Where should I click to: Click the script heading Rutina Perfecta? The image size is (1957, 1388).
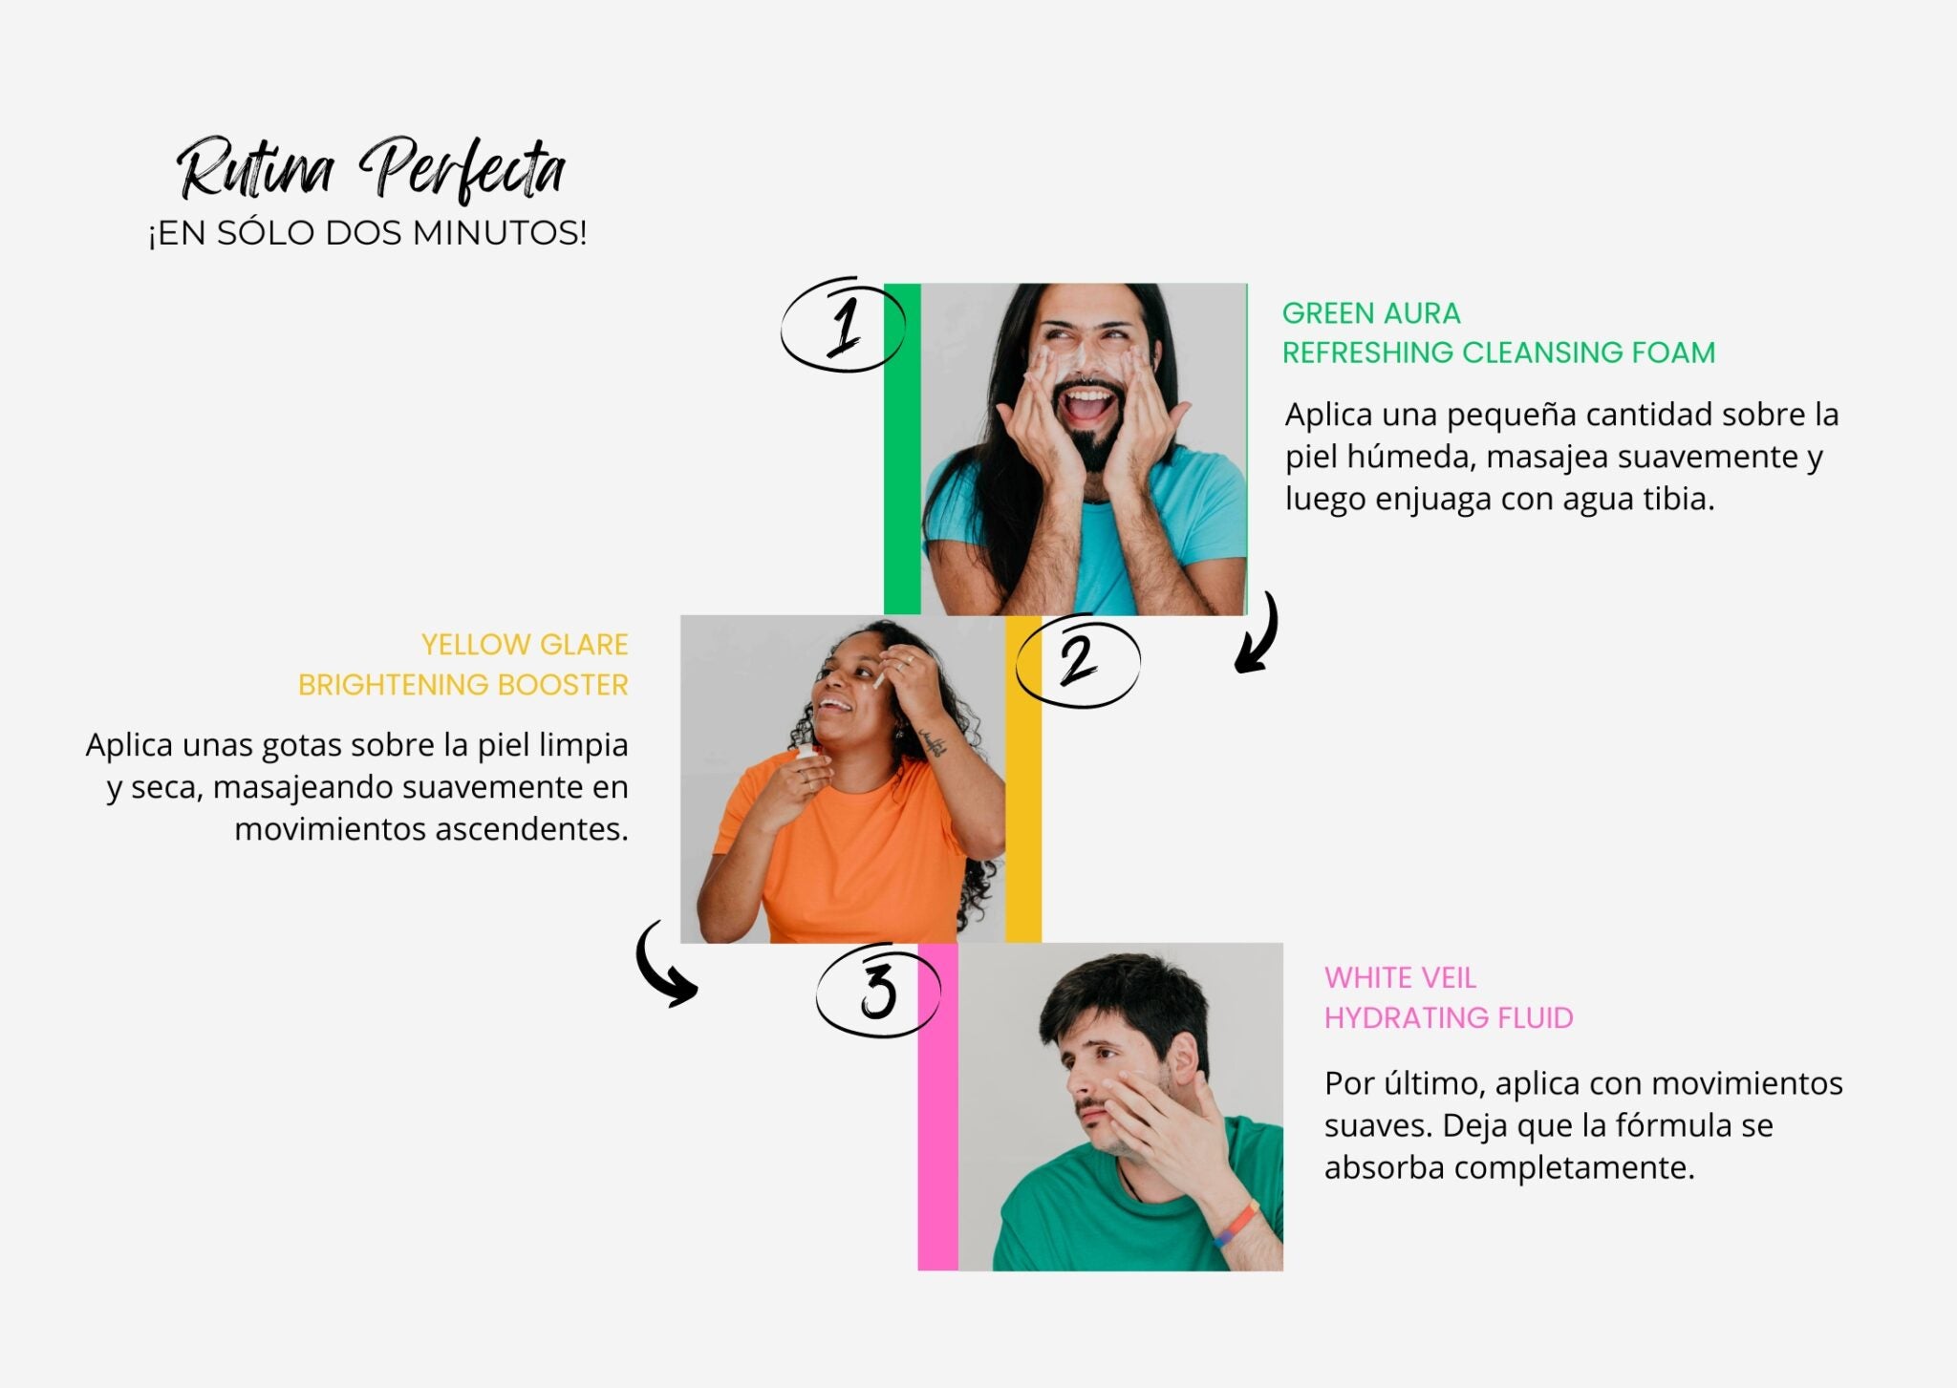[x=371, y=169]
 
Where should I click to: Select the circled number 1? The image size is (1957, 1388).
[x=843, y=325]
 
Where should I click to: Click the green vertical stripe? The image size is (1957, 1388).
[x=902, y=449]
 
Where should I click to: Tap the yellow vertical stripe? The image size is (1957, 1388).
[x=1023, y=779]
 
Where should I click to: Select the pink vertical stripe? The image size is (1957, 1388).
[x=937, y=1106]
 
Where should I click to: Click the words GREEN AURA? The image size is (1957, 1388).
[x=1371, y=313]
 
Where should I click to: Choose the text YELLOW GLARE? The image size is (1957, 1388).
[x=525, y=645]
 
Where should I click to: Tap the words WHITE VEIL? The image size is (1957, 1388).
[x=1400, y=978]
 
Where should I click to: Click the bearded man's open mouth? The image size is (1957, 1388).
[x=1089, y=405]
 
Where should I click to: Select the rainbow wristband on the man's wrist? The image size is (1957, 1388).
[x=1236, y=1226]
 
